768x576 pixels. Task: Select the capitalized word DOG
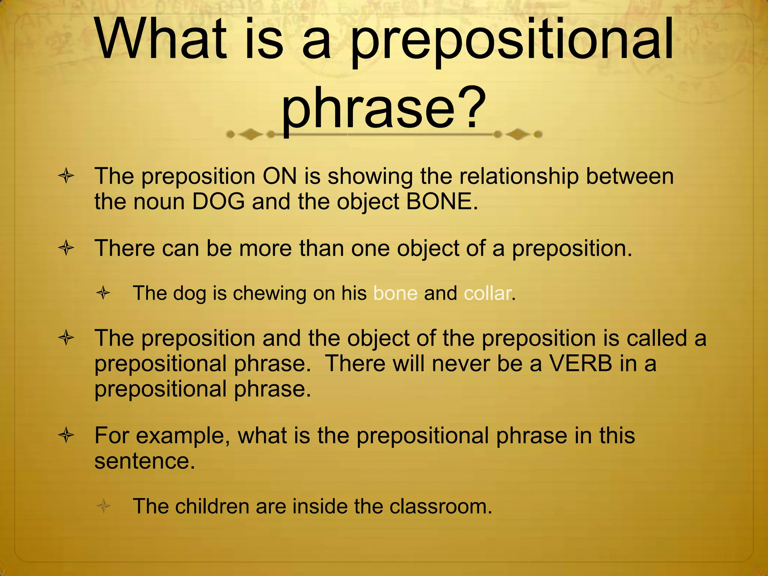coord(218,201)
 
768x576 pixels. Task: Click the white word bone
coord(395,293)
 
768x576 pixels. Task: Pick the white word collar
coord(487,293)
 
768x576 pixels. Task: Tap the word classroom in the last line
coord(440,506)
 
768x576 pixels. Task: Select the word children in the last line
coord(212,506)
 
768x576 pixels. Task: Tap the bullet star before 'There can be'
coord(66,248)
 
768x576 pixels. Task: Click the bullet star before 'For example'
coord(66,436)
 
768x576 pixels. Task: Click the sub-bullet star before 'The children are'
coord(103,507)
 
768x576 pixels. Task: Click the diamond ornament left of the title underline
coord(250,134)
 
